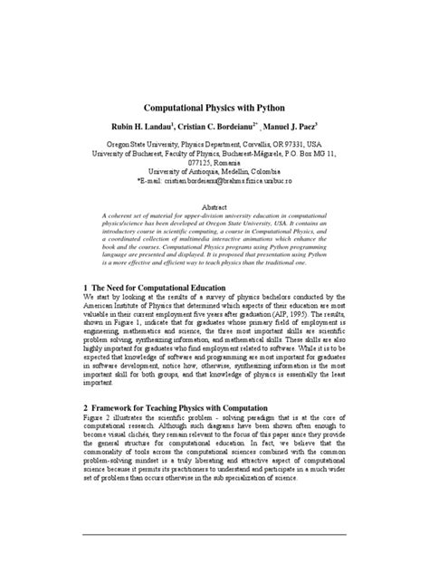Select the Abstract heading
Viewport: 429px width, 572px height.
pyautogui.click(x=214, y=206)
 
